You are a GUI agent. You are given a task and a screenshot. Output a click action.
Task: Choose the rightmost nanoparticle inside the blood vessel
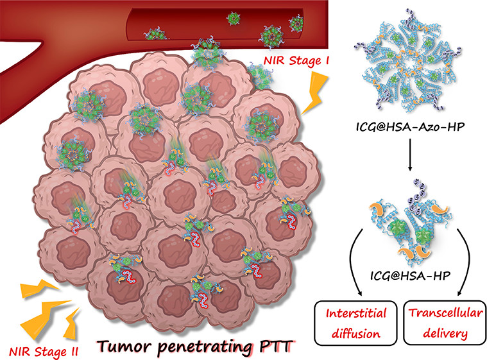coord(297,23)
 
